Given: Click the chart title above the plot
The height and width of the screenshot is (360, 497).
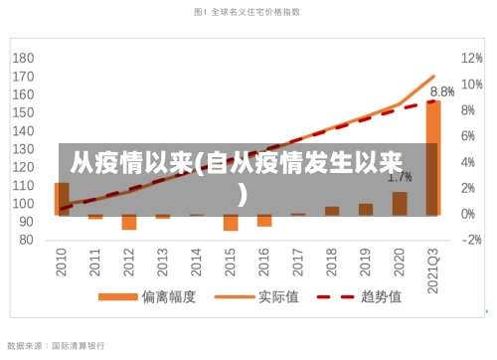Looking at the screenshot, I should click(248, 12).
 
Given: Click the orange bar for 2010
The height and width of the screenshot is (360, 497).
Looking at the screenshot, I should click(62, 198).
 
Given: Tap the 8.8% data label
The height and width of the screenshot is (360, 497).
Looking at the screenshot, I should click(442, 90).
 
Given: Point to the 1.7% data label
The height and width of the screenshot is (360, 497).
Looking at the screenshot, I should click(400, 177).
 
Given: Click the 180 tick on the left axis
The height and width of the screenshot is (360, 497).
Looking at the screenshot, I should click(24, 58).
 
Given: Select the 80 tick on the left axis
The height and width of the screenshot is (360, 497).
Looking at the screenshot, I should click(27, 240).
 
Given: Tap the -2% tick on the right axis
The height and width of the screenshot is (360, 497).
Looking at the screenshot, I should click(471, 240).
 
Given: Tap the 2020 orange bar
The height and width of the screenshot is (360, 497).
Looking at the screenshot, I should click(400, 203).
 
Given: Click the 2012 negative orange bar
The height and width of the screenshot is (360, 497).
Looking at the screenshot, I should click(129, 222).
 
